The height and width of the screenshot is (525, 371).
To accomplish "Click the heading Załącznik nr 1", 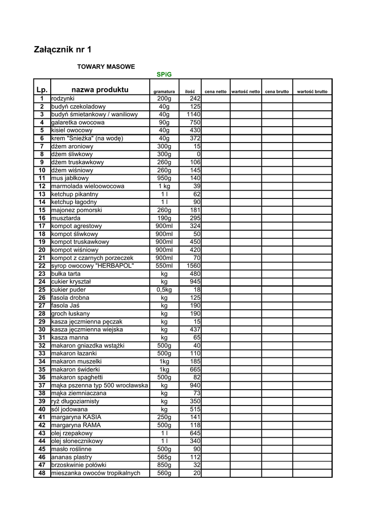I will coord(63,50).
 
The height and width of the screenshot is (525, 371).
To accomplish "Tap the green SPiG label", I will coord(164,74).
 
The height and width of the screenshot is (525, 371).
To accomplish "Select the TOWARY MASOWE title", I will coord(106,67).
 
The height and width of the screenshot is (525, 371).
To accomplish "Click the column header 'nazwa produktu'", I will coord(100,90).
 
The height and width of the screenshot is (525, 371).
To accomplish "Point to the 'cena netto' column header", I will coord(215,91).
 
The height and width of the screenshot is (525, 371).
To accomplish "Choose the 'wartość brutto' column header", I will coord(312,91).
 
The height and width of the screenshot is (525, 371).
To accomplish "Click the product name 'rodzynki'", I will coord(63,98).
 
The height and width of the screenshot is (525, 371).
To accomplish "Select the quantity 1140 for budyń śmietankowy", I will coord(194,114).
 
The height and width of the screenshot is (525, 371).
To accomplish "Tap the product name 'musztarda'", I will coord(66,218).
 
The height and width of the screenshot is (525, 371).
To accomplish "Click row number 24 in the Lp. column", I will coord(42,281).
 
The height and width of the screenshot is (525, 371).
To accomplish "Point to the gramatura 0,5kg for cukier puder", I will coord(164,290).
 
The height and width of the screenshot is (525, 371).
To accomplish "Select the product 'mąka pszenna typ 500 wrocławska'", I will coord(99,385).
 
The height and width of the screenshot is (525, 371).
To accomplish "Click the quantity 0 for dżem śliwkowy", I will coord(198,154).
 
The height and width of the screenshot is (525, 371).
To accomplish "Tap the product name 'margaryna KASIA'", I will coord(76,417).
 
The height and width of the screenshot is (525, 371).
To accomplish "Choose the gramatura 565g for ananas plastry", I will coord(164,457).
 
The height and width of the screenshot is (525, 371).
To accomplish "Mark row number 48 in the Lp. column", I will coord(42,473).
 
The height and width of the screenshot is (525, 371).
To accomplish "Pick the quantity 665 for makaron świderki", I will coord(195,369).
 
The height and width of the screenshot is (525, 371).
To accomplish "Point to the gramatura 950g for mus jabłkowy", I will coord(164,178).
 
